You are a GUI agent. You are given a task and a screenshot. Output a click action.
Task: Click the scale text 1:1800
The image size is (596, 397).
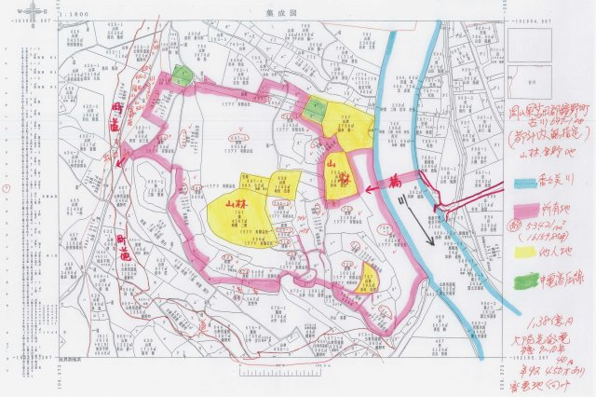click(x=74, y=15)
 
